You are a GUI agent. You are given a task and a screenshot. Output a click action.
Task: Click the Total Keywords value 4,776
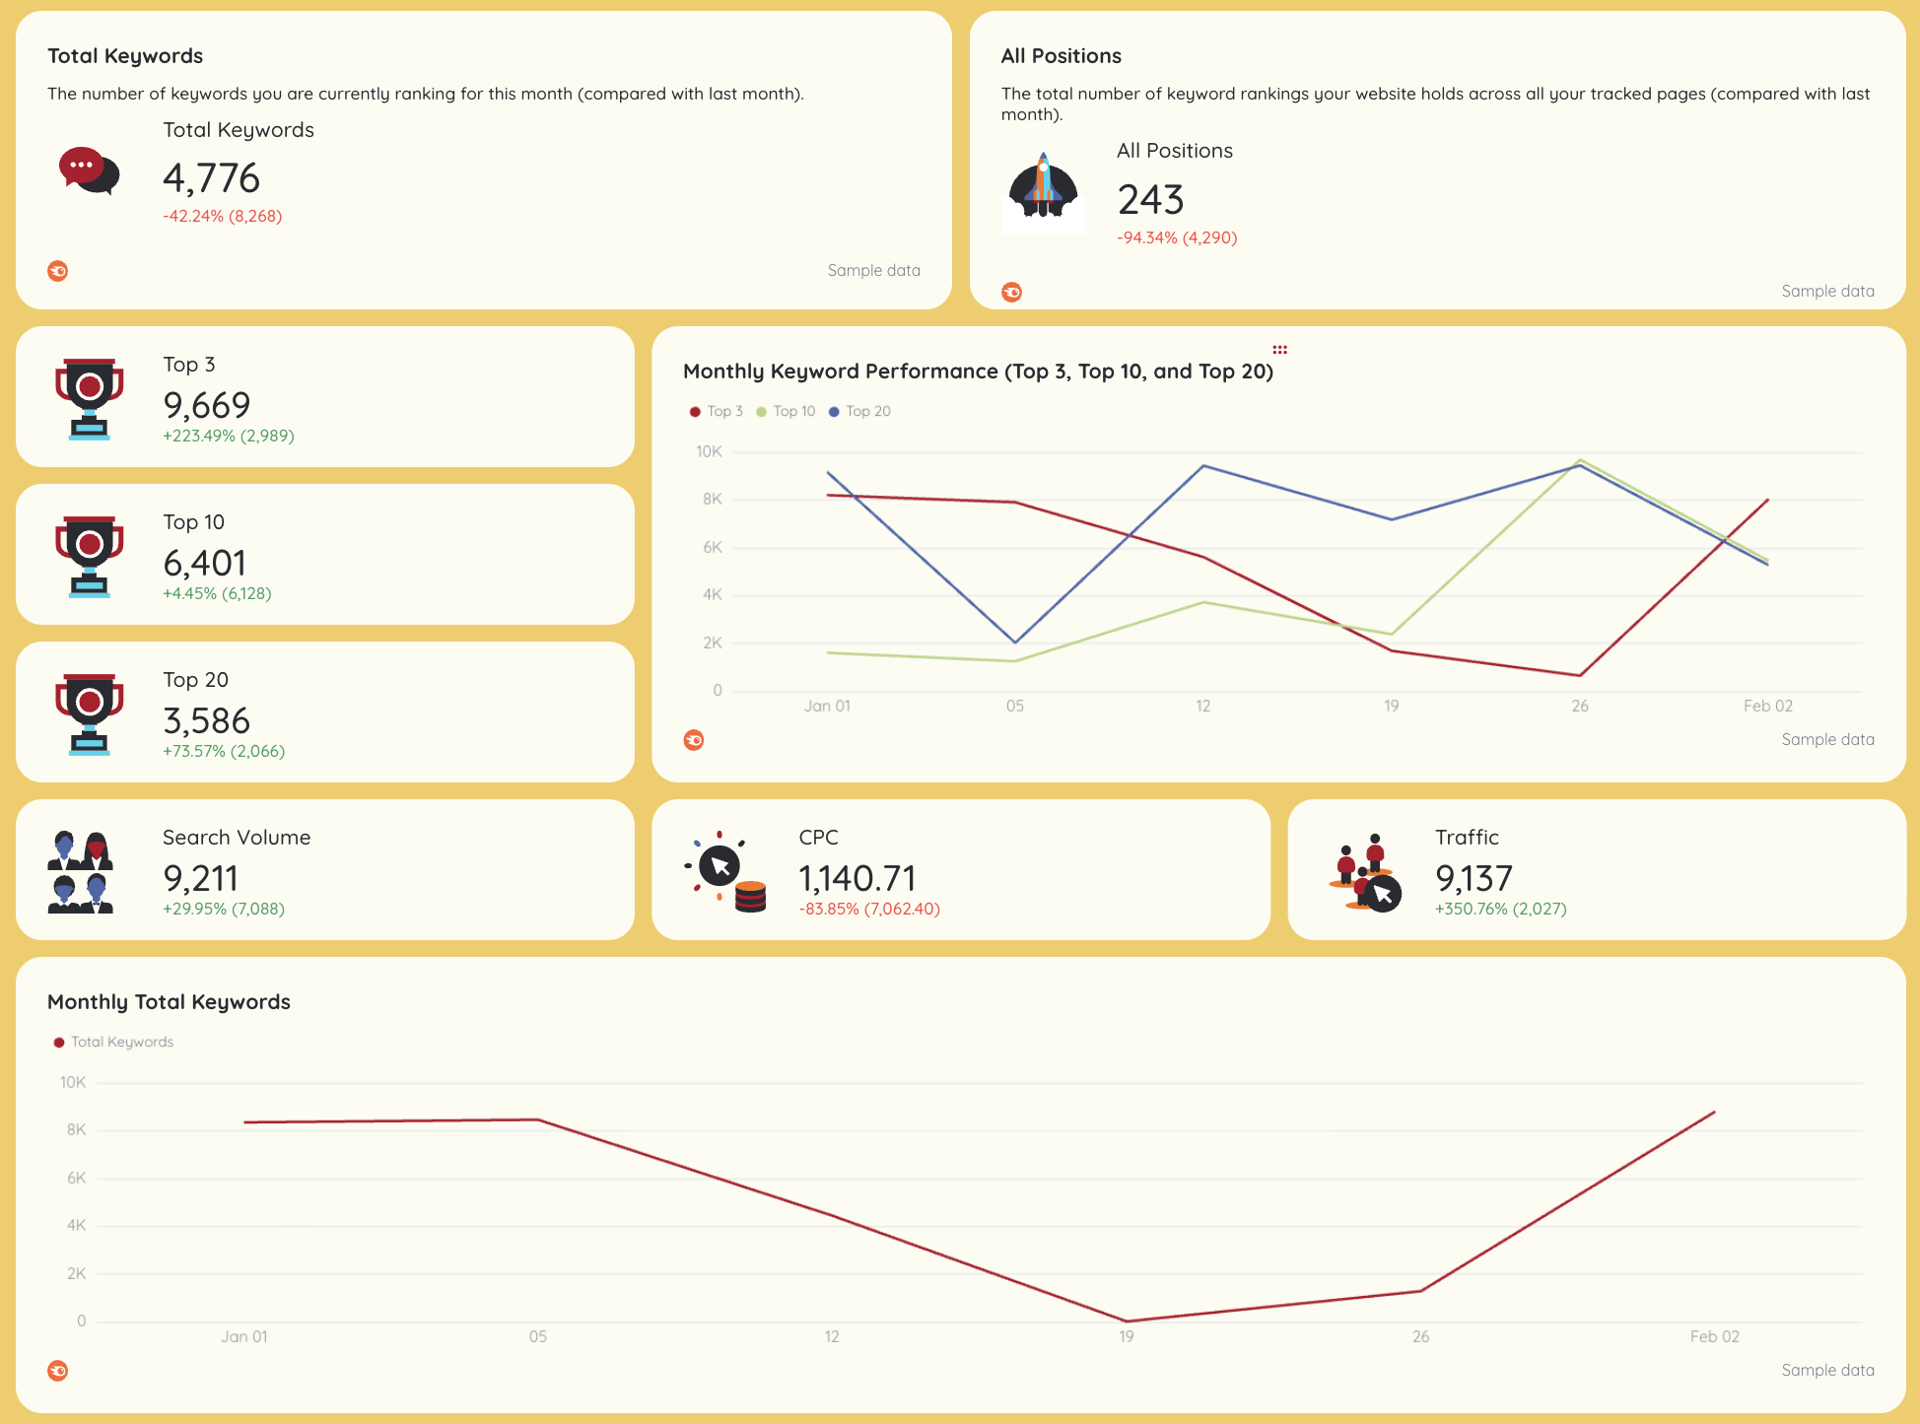point(211,178)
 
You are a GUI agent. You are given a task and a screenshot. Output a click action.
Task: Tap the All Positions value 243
point(1150,200)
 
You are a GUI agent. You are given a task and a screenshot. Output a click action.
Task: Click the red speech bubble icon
point(88,170)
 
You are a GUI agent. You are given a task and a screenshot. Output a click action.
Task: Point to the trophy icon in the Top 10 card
point(89,556)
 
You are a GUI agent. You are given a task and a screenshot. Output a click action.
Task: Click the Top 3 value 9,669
point(207,405)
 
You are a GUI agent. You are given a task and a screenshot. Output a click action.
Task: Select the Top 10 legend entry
point(787,411)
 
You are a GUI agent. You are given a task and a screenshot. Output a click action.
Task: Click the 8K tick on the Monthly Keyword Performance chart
point(712,500)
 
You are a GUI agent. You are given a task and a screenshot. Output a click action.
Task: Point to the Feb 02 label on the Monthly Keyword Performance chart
point(1767,706)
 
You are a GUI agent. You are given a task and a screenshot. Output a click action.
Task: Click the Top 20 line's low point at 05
point(1015,643)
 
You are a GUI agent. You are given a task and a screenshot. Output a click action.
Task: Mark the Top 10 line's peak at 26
point(1580,460)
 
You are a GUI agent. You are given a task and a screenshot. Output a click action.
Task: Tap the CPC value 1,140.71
point(857,878)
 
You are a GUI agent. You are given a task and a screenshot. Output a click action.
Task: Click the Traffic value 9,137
point(1474,878)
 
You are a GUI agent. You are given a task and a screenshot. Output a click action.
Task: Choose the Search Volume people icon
point(81,872)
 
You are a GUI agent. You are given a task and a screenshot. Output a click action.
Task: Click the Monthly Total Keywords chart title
point(169,1002)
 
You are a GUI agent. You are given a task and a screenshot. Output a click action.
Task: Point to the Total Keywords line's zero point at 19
point(1126,1321)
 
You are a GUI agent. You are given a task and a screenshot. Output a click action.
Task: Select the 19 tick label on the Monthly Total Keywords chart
point(1126,1336)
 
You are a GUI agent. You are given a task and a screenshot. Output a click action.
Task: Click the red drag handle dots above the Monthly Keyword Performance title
point(1279,350)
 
